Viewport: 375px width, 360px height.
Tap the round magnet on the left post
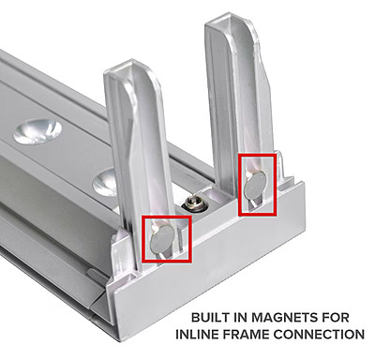pos(161,239)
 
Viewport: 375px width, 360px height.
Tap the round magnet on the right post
pos(255,186)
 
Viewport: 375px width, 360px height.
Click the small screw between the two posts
pos(190,203)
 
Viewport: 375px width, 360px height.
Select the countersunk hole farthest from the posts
pos(37,131)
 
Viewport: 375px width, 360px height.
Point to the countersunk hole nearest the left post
pos(104,182)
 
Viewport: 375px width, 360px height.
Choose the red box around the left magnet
pos(142,239)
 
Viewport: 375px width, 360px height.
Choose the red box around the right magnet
pos(239,185)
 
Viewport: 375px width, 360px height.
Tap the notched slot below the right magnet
pos(254,203)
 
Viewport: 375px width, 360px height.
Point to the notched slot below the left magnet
pos(162,255)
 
